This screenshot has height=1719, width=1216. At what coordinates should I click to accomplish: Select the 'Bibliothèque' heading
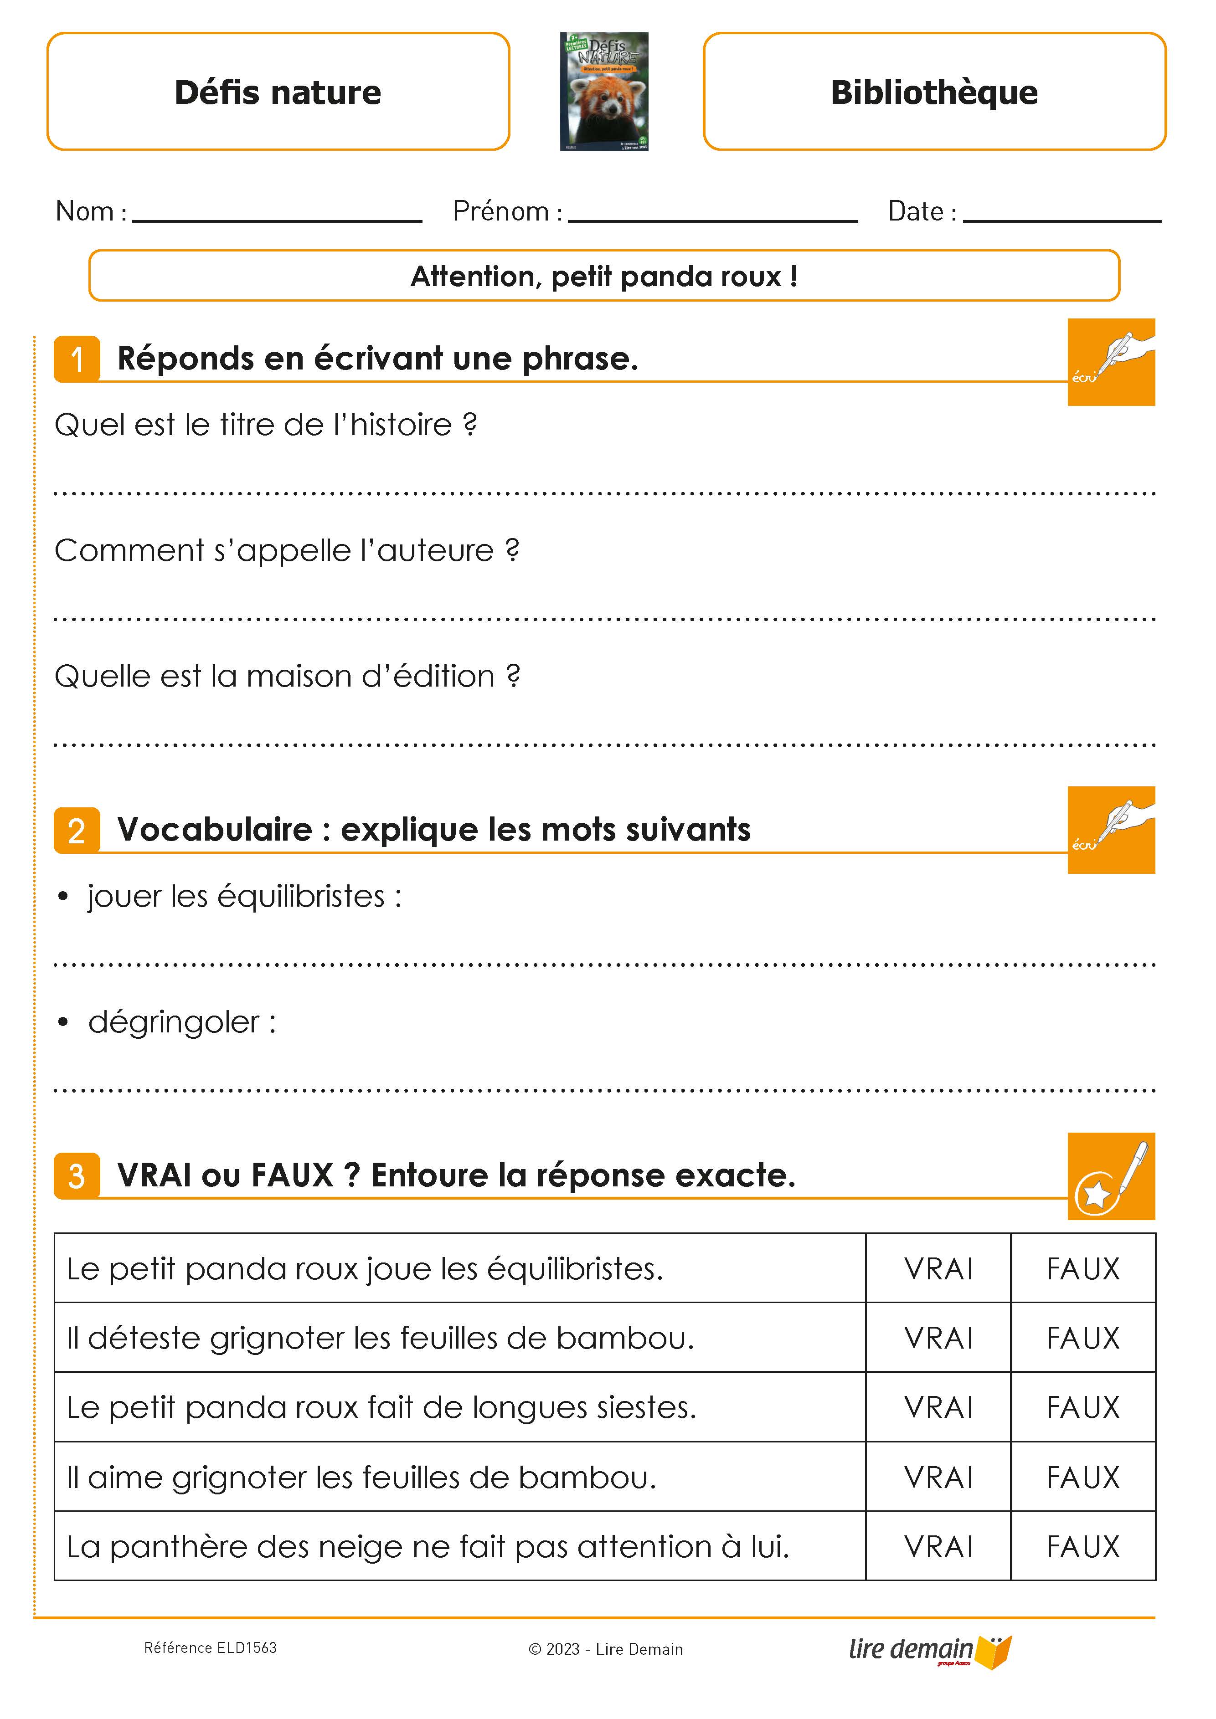pyautogui.click(x=934, y=92)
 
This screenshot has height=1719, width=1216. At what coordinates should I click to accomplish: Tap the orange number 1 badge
pyautogui.click(x=77, y=359)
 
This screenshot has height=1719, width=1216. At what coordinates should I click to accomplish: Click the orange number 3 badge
pyautogui.click(x=77, y=1176)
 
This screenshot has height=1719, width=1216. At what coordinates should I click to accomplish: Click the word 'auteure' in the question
pyautogui.click(x=435, y=551)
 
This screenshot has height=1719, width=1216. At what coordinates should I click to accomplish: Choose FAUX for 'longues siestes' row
pyautogui.click(x=1083, y=1407)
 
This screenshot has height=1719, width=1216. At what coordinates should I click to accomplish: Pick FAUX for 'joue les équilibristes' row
pyautogui.click(x=1083, y=1269)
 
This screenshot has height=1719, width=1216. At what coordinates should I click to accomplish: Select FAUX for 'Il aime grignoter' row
pyautogui.click(x=1083, y=1477)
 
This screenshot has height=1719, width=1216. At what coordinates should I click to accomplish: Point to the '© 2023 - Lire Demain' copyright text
pyautogui.click(x=606, y=1649)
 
